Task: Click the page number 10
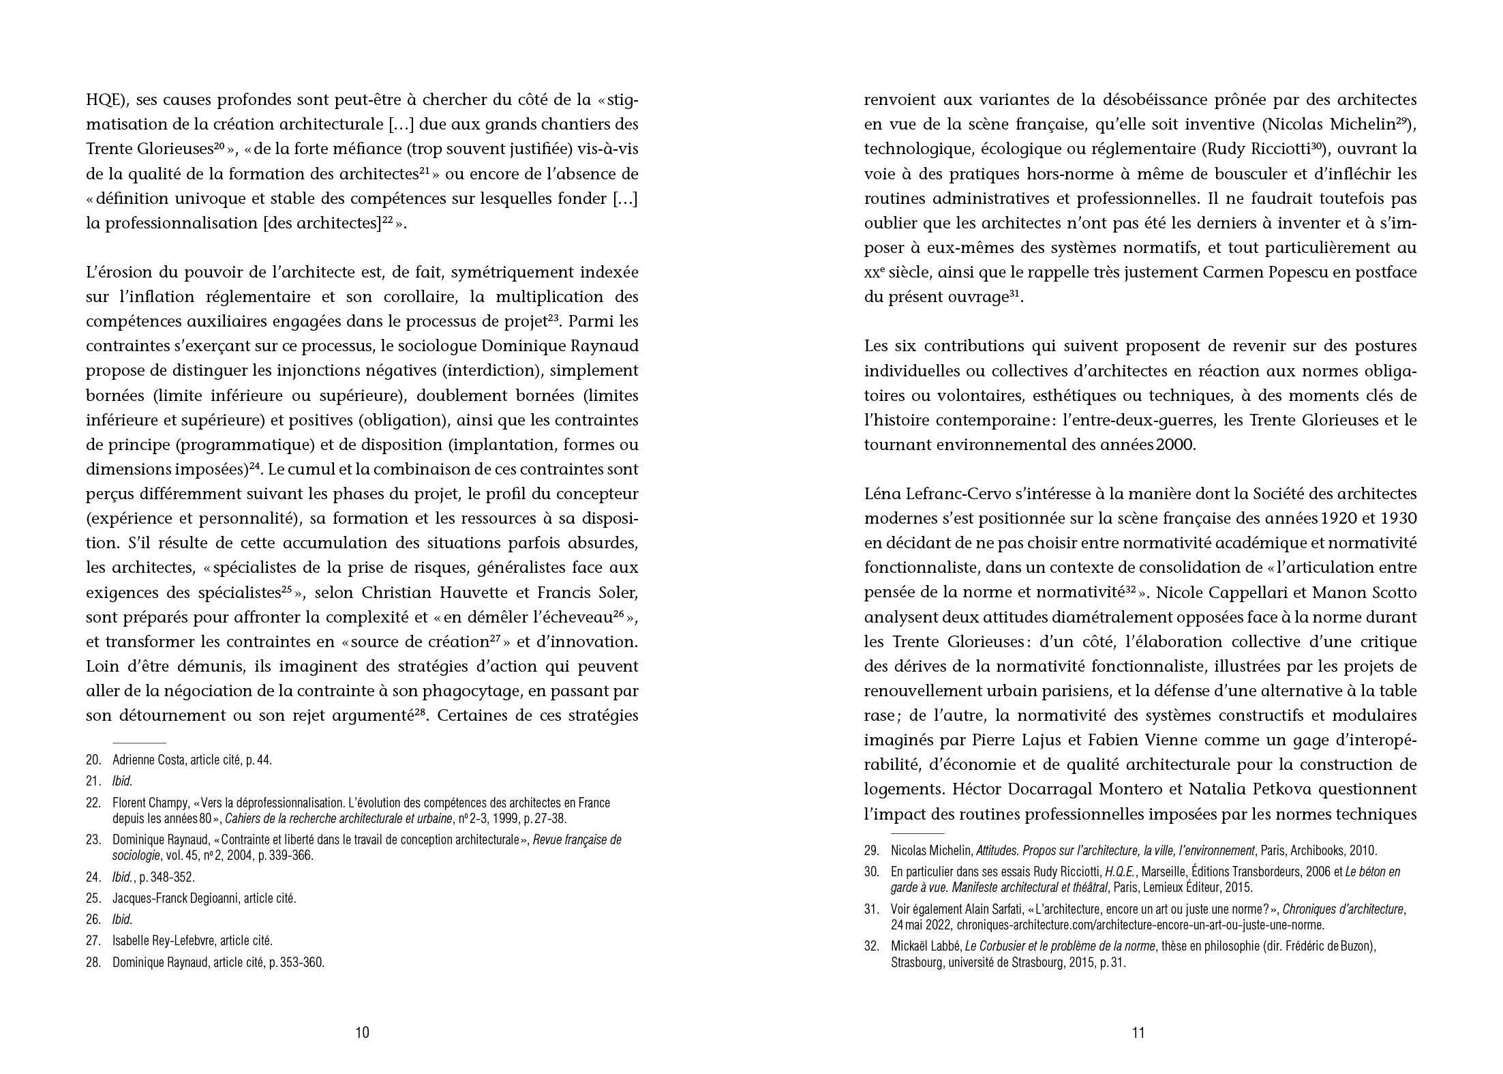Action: (x=362, y=1032)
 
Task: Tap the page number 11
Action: (x=1138, y=1032)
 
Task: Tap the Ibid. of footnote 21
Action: (x=122, y=781)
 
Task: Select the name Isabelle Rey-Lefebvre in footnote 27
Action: (x=166, y=941)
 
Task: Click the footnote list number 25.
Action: (x=93, y=898)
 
